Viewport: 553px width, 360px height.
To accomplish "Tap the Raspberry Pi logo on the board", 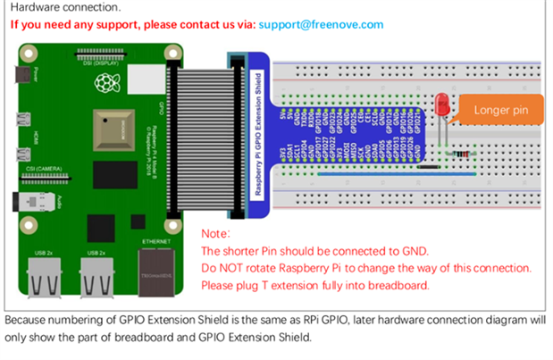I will pyautogui.click(x=107, y=84).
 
